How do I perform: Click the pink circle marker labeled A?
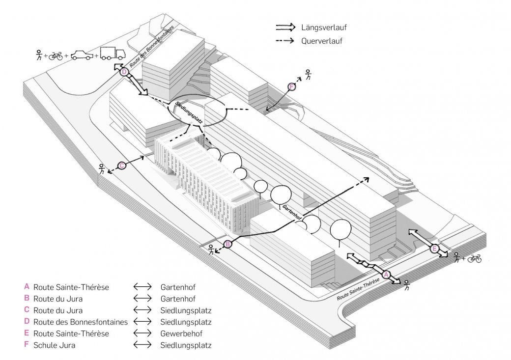(x=386, y=275)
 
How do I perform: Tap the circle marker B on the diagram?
(x=228, y=244)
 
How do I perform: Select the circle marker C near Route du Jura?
(x=121, y=166)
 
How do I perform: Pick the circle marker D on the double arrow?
(x=124, y=72)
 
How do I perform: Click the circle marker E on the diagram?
(x=434, y=249)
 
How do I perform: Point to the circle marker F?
(x=292, y=86)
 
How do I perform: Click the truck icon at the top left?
(x=113, y=54)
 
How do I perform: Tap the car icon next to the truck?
(x=82, y=55)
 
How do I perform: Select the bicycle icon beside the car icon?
(x=56, y=56)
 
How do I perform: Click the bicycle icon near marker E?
(x=475, y=259)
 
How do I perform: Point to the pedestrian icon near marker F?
(x=308, y=75)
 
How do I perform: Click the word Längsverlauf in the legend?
(x=324, y=28)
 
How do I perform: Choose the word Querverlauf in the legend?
(x=322, y=41)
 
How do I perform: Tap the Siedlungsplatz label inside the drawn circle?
(x=189, y=113)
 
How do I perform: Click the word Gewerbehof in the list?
(x=181, y=333)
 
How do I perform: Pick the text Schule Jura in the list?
(x=54, y=345)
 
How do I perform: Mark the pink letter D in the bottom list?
(x=27, y=322)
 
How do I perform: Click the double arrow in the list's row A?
(x=142, y=287)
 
